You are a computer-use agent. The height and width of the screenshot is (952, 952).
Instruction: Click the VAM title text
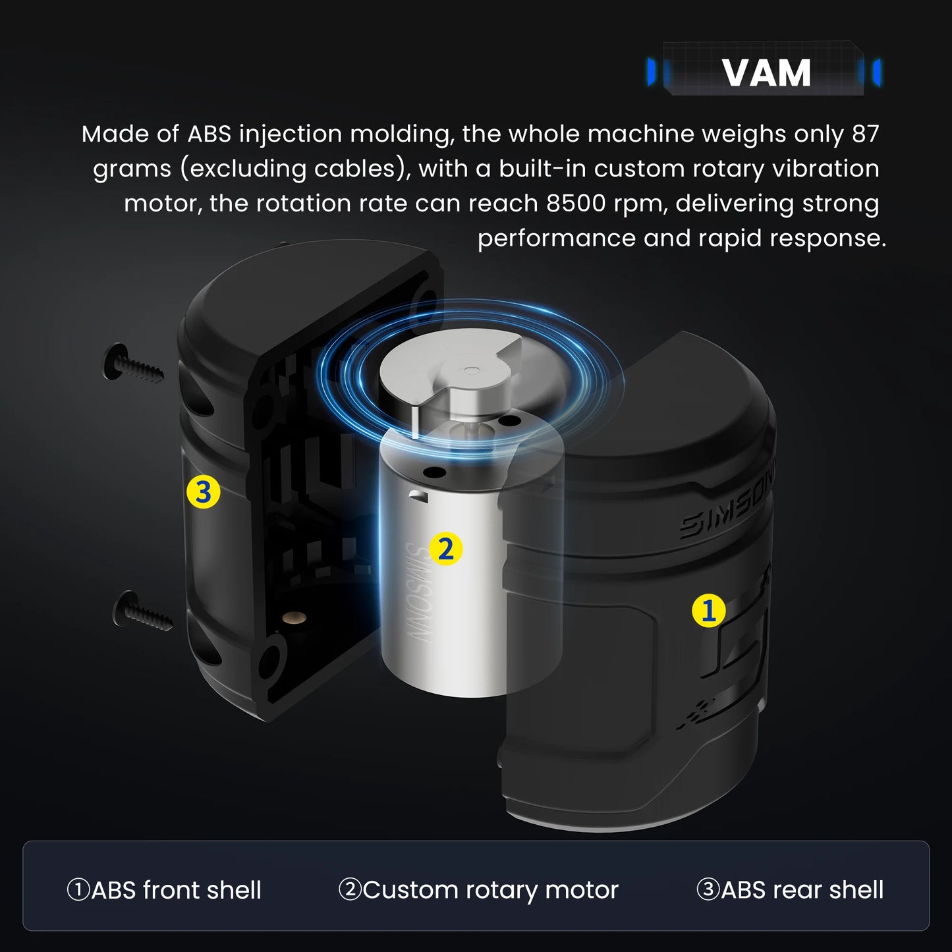(x=766, y=72)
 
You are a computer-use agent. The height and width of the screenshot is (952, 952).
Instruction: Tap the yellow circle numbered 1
(x=708, y=611)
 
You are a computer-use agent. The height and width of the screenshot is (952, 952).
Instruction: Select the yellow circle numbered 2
(x=445, y=549)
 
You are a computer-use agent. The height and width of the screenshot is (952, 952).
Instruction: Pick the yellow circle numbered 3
(x=203, y=492)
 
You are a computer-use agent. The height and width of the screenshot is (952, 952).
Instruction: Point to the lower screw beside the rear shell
(x=143, y=611)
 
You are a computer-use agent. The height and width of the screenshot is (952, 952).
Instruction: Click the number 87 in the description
(x=865, y=134)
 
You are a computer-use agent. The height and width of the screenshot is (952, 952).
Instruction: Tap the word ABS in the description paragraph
(x=209, y=134)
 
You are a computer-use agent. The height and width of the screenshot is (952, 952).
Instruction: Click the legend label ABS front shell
(x=164, y=890)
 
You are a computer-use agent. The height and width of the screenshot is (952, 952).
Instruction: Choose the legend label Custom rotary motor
(x=478, y=890)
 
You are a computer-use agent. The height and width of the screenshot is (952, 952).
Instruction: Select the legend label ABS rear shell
(x=789, y=890)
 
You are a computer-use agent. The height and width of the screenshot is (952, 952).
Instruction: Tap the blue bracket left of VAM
(x=652, y=72)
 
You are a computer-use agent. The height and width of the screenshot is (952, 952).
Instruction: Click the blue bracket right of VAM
(x=876, y=72)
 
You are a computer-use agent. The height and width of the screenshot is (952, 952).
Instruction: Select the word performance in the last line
(x=555, y=238)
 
